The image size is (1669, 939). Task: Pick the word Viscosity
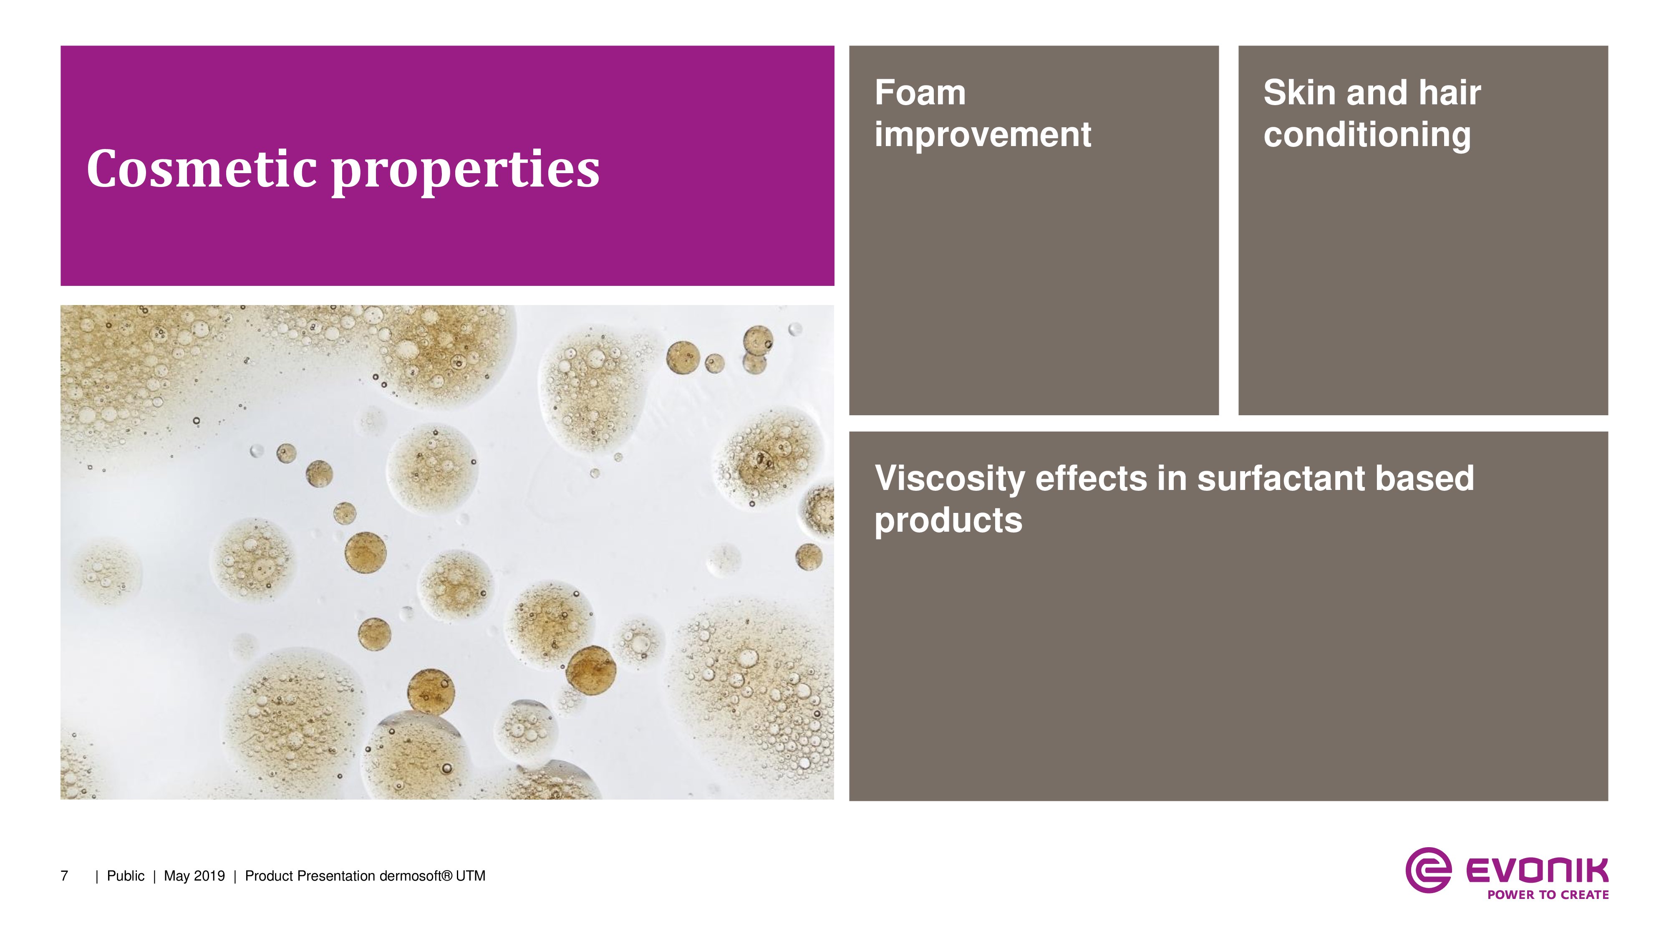pos(950,479)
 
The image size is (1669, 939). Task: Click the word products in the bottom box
pos(948,521)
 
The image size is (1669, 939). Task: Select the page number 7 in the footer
pos(64,876)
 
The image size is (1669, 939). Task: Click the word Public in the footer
pos(126,876)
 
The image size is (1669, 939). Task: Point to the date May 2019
pos(194,876)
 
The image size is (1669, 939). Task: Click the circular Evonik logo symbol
pos(1428,870)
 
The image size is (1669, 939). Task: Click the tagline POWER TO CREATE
pos(1548,895)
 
